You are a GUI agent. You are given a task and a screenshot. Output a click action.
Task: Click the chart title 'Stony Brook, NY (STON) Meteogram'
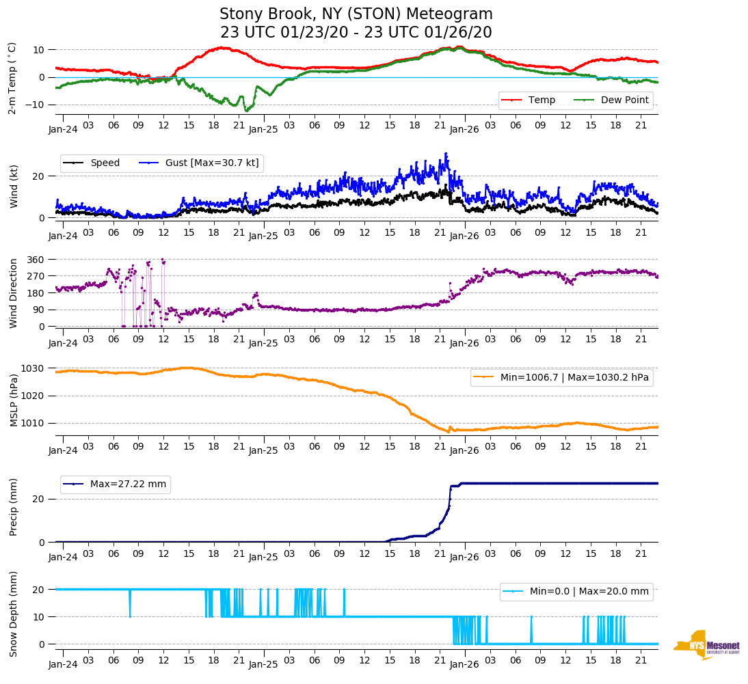click(356, 14)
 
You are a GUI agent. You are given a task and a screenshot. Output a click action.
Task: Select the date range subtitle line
click(356, 33)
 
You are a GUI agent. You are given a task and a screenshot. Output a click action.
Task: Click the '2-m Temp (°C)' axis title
click(12, 77)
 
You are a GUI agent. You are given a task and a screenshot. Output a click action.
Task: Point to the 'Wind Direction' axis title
click(14, 293)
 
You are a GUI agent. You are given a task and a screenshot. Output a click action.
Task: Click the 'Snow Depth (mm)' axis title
click(14, 614)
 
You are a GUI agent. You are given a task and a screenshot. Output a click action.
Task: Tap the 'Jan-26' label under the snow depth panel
click(464, 664)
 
